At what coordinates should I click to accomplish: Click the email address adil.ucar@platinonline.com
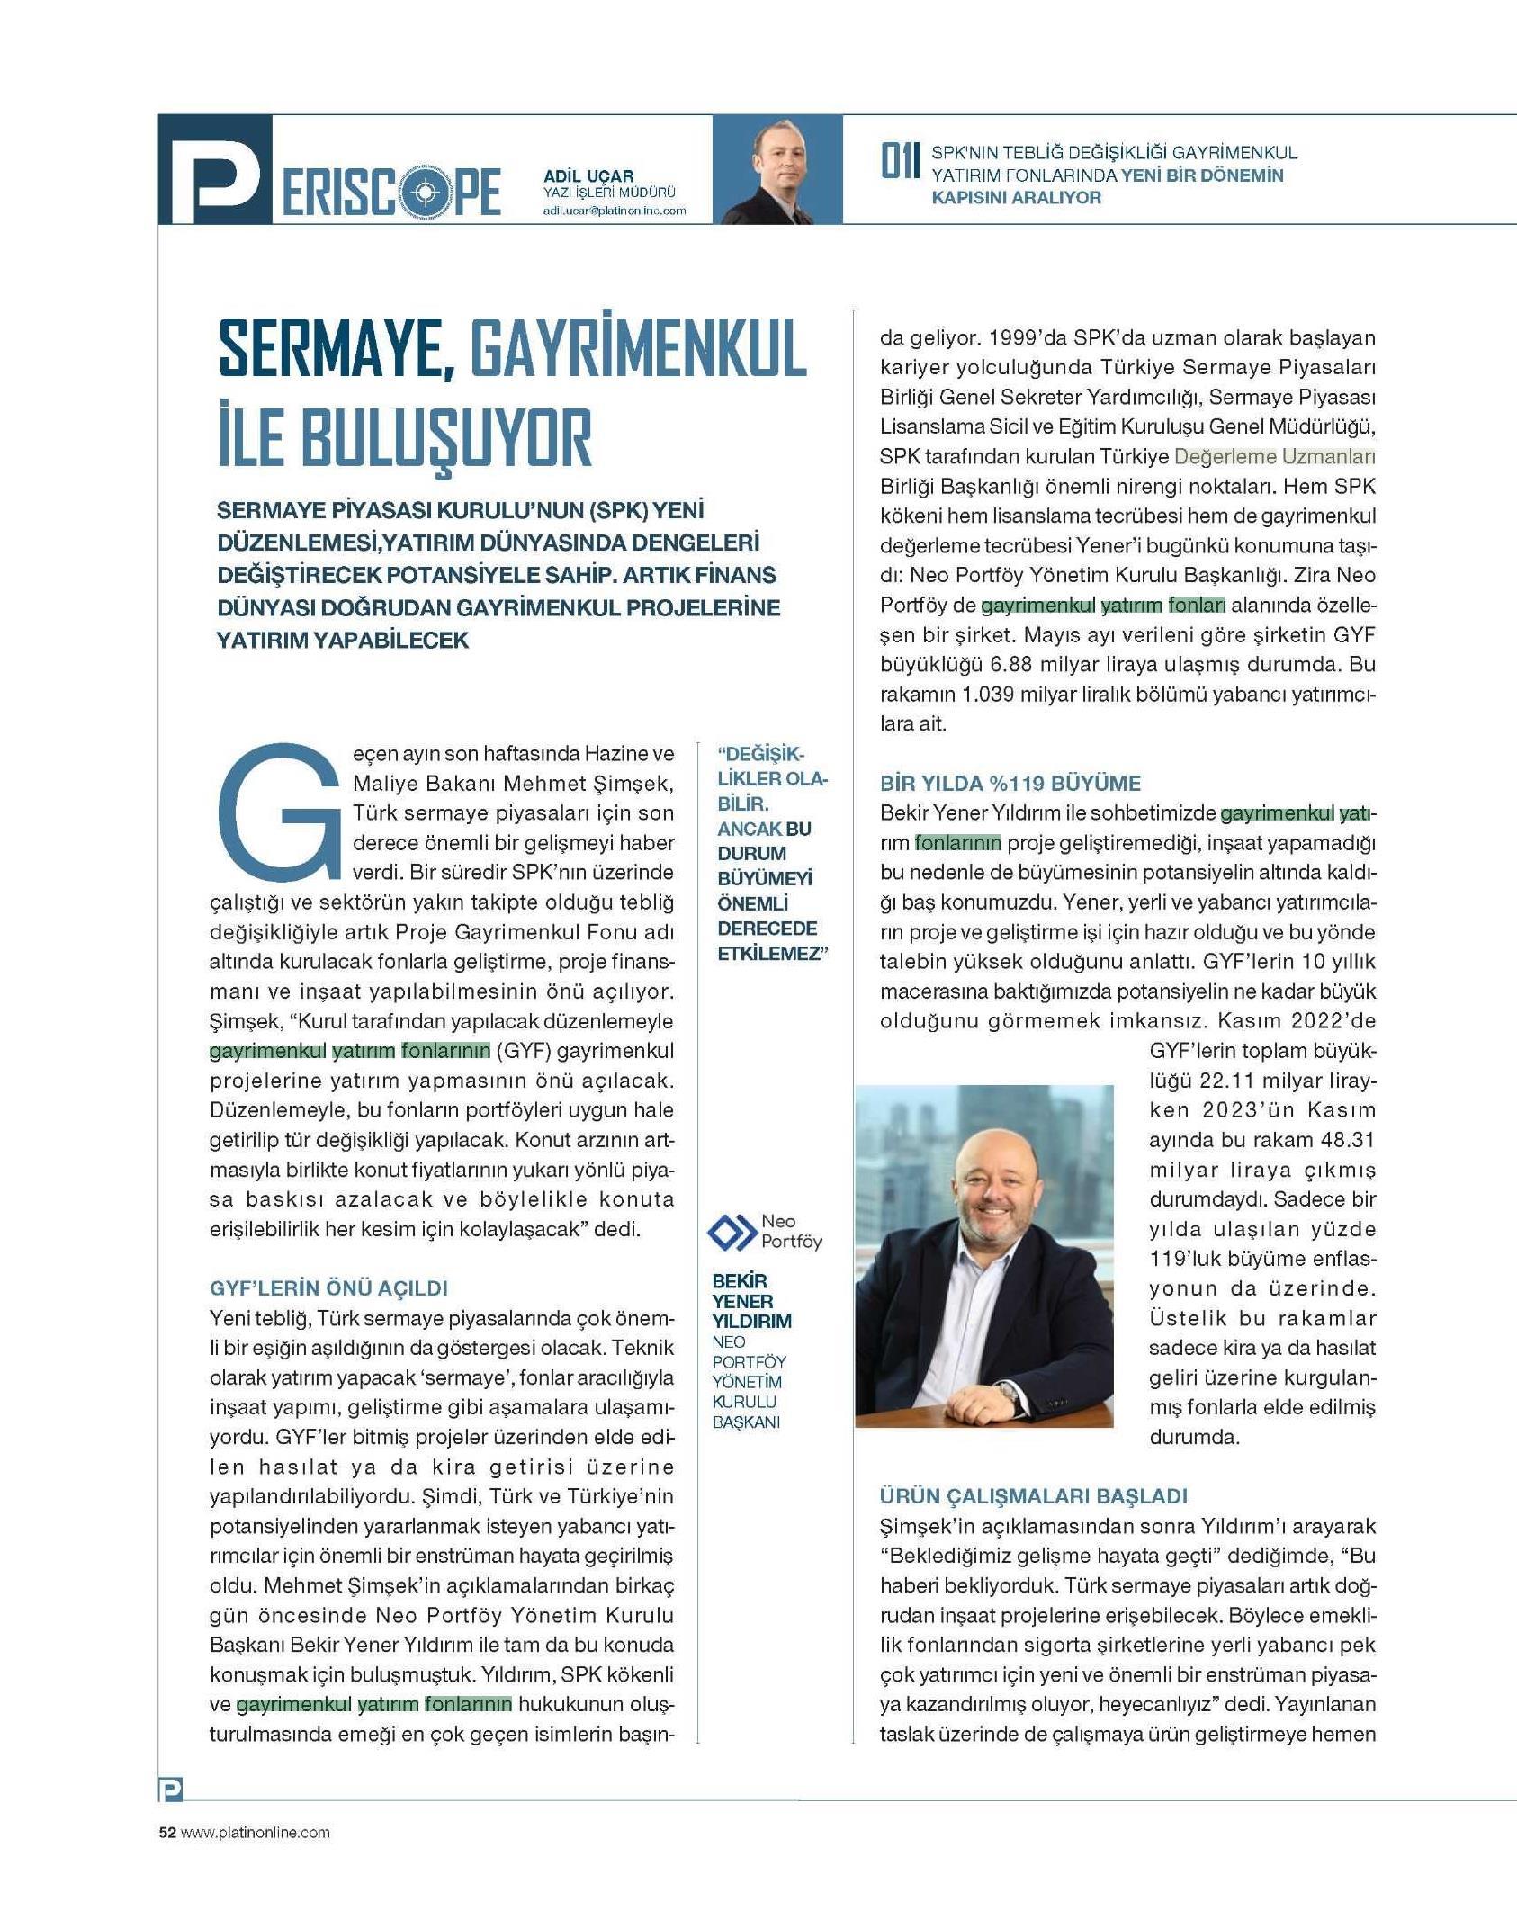(x=614, y=211)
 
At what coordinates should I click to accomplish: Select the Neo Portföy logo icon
(x=731, y=1232)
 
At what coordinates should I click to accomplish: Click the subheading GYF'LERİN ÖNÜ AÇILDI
(x=328, y=1287)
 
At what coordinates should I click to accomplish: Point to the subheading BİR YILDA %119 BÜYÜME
(x=1010, y=783)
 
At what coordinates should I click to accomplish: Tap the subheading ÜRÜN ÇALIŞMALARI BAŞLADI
(x=1033, y=1495)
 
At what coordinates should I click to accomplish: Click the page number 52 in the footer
(x=166, y=1833)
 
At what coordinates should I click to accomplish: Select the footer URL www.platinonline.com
(x=256, y=1833)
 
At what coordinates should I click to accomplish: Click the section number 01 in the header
(x=899, y=163)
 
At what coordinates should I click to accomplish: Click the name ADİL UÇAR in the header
(x=588, y=176)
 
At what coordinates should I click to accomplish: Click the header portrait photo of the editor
(x=776, y=170)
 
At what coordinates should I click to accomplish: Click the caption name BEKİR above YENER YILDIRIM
(x=740, y=1281)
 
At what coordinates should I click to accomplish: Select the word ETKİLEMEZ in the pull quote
(x=769, y=954)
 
